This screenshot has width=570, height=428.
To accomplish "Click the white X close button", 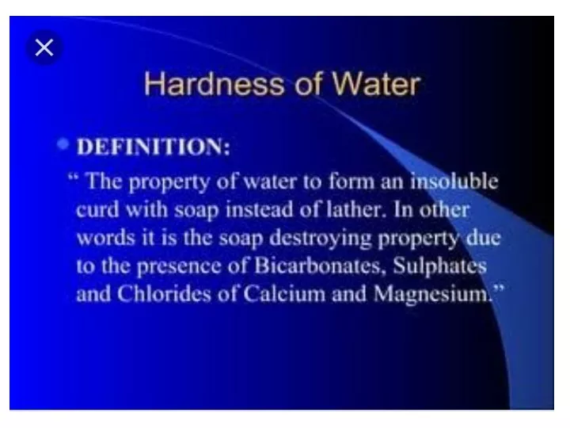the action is point(44,48).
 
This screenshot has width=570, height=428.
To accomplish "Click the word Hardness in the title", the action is point(214,85).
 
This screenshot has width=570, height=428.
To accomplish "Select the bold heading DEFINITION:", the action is point(154,147).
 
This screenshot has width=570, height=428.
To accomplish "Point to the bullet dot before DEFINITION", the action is point(63,144).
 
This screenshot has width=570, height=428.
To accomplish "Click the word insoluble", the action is point(454,181).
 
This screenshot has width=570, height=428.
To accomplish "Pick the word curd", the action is point(98,209).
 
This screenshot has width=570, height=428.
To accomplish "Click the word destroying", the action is point(321,239).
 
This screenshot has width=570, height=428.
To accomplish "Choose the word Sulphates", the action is point(440,266).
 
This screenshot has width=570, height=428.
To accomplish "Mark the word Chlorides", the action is point(164,294).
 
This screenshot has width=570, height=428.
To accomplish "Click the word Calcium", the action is point(284,294).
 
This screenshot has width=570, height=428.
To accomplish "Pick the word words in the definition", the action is point(106,238).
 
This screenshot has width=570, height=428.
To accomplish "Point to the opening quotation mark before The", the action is point(73,178).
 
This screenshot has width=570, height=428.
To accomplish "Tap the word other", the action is point(445,209).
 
